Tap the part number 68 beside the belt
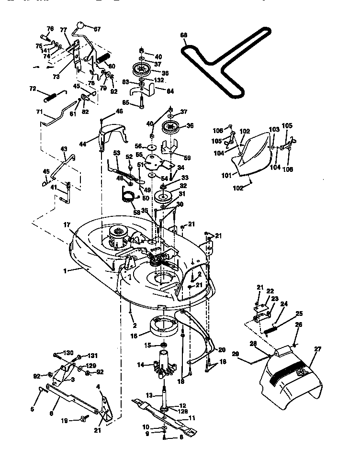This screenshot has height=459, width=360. point(184,35)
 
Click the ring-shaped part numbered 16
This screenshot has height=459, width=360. point(164,327)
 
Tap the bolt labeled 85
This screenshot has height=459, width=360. point(142,101)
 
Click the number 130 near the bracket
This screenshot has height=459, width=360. point(57,353)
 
